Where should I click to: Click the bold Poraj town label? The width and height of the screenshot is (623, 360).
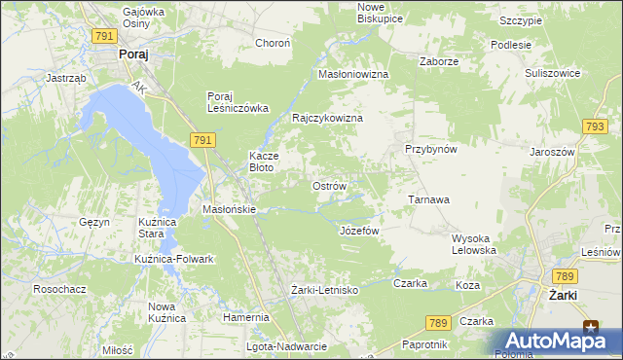coord(132,55)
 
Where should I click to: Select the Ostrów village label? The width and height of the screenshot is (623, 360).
coord(328,185)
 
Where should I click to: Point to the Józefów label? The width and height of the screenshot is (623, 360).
coord(358,231)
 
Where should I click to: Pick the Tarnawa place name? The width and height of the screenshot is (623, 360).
coord(427,199)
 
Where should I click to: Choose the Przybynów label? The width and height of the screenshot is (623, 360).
coord(431,149)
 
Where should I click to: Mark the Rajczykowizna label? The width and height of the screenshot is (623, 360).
coord(328,118)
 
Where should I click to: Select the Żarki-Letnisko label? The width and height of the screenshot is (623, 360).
coord(325,290)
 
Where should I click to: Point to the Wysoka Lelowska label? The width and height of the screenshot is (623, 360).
coord(474,244)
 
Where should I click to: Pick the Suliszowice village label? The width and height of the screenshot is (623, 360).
coord(552,73)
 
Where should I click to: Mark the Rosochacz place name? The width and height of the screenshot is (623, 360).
coord(56,289)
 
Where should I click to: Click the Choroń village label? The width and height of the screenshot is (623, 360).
coord(273,43)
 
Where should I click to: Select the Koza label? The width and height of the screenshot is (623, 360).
coord(467,286)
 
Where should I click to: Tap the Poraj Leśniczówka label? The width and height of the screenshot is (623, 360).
coord(237,102)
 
